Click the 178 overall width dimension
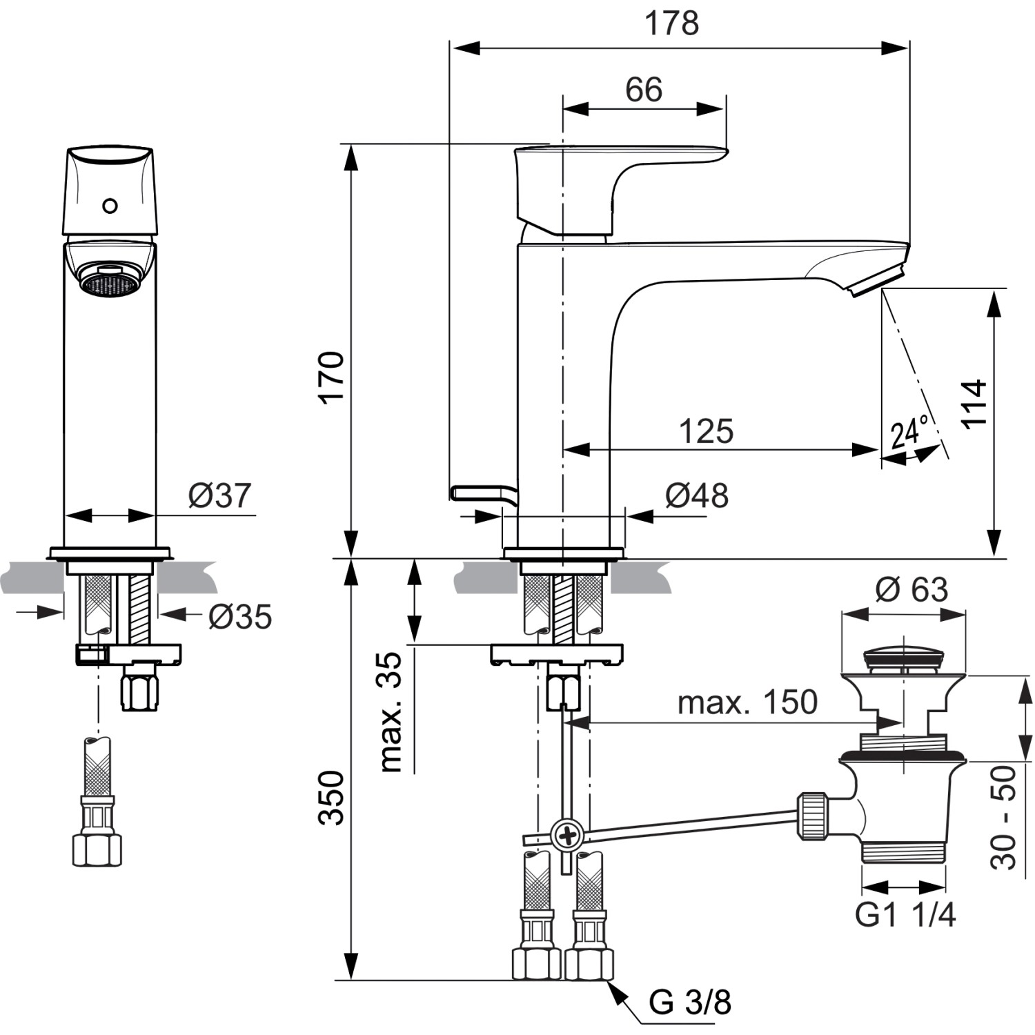pyautogui.click(x=671, y=23)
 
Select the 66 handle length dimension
pyautogui.click(x=643, y=90)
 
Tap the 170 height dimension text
pyautogui.click(x=333, y=377)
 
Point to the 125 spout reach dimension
pyautogui.click(x=706, y=431)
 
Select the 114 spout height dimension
pyautogui.click(x=974, y=404)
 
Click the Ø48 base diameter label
pyautogui.click(x=696, y=495)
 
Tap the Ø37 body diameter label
pyautogui.click(x=220, y=495)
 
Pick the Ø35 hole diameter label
pyautogui.click(x=240, y=616)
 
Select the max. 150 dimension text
pyautogui.click(x=747, y=702)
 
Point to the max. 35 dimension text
pyautogui.click(x=391, y=711)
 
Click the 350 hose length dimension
pyautogui.click(x=333, y=798)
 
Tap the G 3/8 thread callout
pyautogui.click(x=689, y=1002)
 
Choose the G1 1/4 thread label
pyautogui.click(x=905, y=915)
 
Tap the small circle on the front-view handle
pyautogui.click(x=110, y=206)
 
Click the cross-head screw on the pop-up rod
pyautogui.click(x=568, y=836)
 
